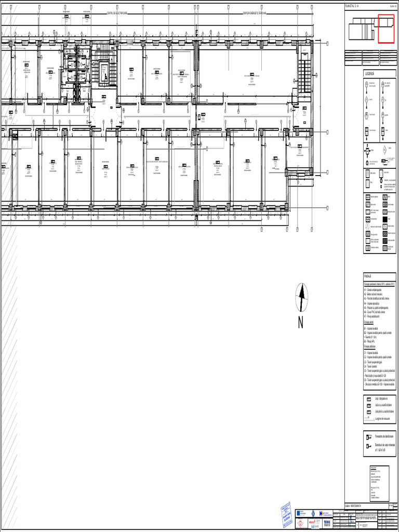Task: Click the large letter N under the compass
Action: (x=301, y=323)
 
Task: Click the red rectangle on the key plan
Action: (x=386, y=29)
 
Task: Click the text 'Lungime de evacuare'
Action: (x=383, y=418)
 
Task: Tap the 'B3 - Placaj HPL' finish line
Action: (x=371, y=340)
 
